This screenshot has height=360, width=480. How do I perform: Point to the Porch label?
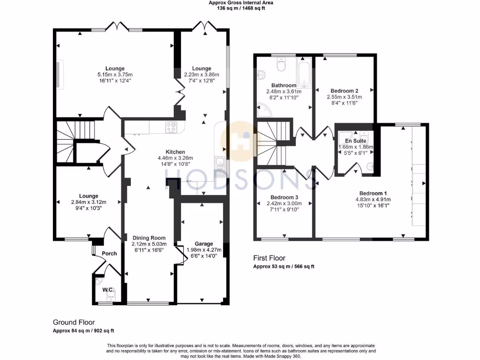coord(109,254)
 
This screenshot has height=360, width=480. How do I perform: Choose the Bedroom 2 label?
coord(345,91)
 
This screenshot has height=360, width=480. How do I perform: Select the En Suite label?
coord(356,141)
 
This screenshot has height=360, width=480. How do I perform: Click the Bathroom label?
coord(284,85)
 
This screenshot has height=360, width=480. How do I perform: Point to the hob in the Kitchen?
coord(171,127)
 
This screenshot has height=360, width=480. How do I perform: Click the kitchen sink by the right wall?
coord(219,163)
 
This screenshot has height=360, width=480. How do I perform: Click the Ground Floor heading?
coord(74,322)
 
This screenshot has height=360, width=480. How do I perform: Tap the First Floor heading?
coord(269,258)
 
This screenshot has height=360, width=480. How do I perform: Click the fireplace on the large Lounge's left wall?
coord(59,74)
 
